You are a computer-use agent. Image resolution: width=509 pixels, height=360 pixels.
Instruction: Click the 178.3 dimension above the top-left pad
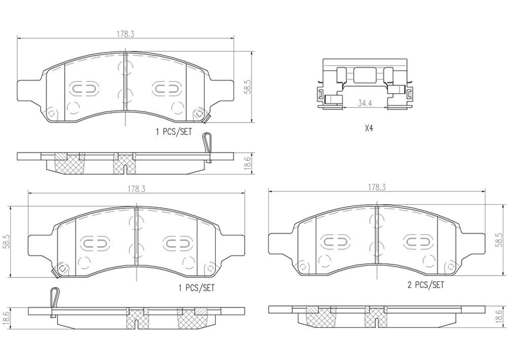tap(125, 34)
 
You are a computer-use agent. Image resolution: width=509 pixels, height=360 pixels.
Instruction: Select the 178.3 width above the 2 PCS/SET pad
tap(377, 187)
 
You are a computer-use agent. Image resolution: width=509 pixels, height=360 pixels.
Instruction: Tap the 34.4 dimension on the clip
tap(363, 103)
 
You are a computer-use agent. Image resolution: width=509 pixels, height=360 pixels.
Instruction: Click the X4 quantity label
tap(369, 129)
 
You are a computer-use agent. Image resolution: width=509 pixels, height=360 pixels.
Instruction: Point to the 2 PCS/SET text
tap(426, 285)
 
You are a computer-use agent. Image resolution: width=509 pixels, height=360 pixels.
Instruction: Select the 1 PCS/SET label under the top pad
tap(174, 131)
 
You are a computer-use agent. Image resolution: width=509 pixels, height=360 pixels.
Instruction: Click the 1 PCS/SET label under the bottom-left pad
tap(196, 288)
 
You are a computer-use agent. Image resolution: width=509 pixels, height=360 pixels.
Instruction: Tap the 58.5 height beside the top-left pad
tap(248, 87)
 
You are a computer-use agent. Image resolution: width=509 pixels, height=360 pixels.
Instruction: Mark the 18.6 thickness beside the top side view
tap(248, 163)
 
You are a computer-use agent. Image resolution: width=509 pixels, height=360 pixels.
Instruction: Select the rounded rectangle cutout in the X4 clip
tap(364, 76)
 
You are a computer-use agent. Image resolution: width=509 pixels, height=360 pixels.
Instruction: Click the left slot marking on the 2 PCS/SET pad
tap(334, 241)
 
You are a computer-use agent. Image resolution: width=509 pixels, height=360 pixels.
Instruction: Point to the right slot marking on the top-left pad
tap(165, 89)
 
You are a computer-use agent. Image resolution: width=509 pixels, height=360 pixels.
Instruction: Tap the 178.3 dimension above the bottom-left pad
tap(136, 188)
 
